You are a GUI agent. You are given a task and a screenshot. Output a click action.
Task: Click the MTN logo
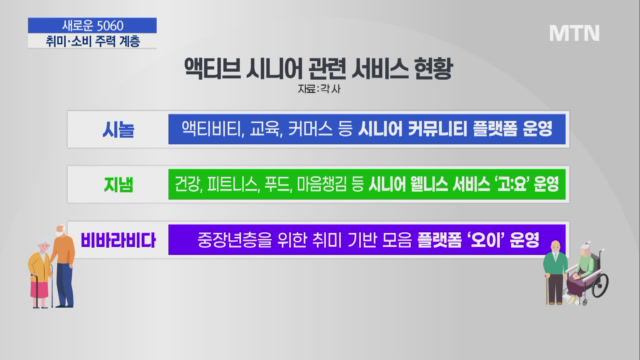574,33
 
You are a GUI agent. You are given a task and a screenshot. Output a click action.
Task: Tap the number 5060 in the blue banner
110,26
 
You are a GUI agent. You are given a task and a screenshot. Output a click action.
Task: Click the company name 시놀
118,130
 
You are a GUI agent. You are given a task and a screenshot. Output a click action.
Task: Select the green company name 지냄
118,185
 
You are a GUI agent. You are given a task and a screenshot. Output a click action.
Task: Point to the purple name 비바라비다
118,240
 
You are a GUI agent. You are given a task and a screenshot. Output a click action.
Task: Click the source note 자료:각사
319,89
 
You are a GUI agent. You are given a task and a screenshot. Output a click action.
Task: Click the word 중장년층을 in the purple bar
235,240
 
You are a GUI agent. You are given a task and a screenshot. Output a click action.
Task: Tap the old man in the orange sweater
63,266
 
